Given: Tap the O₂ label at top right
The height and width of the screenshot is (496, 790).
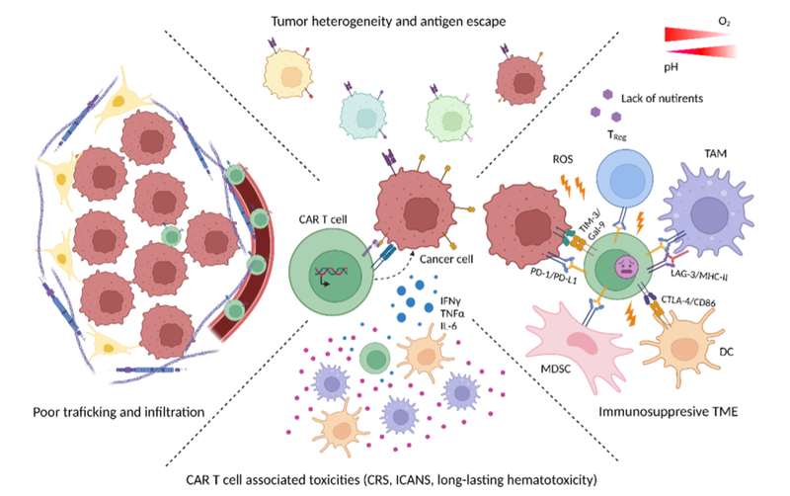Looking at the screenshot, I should point(752,17).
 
